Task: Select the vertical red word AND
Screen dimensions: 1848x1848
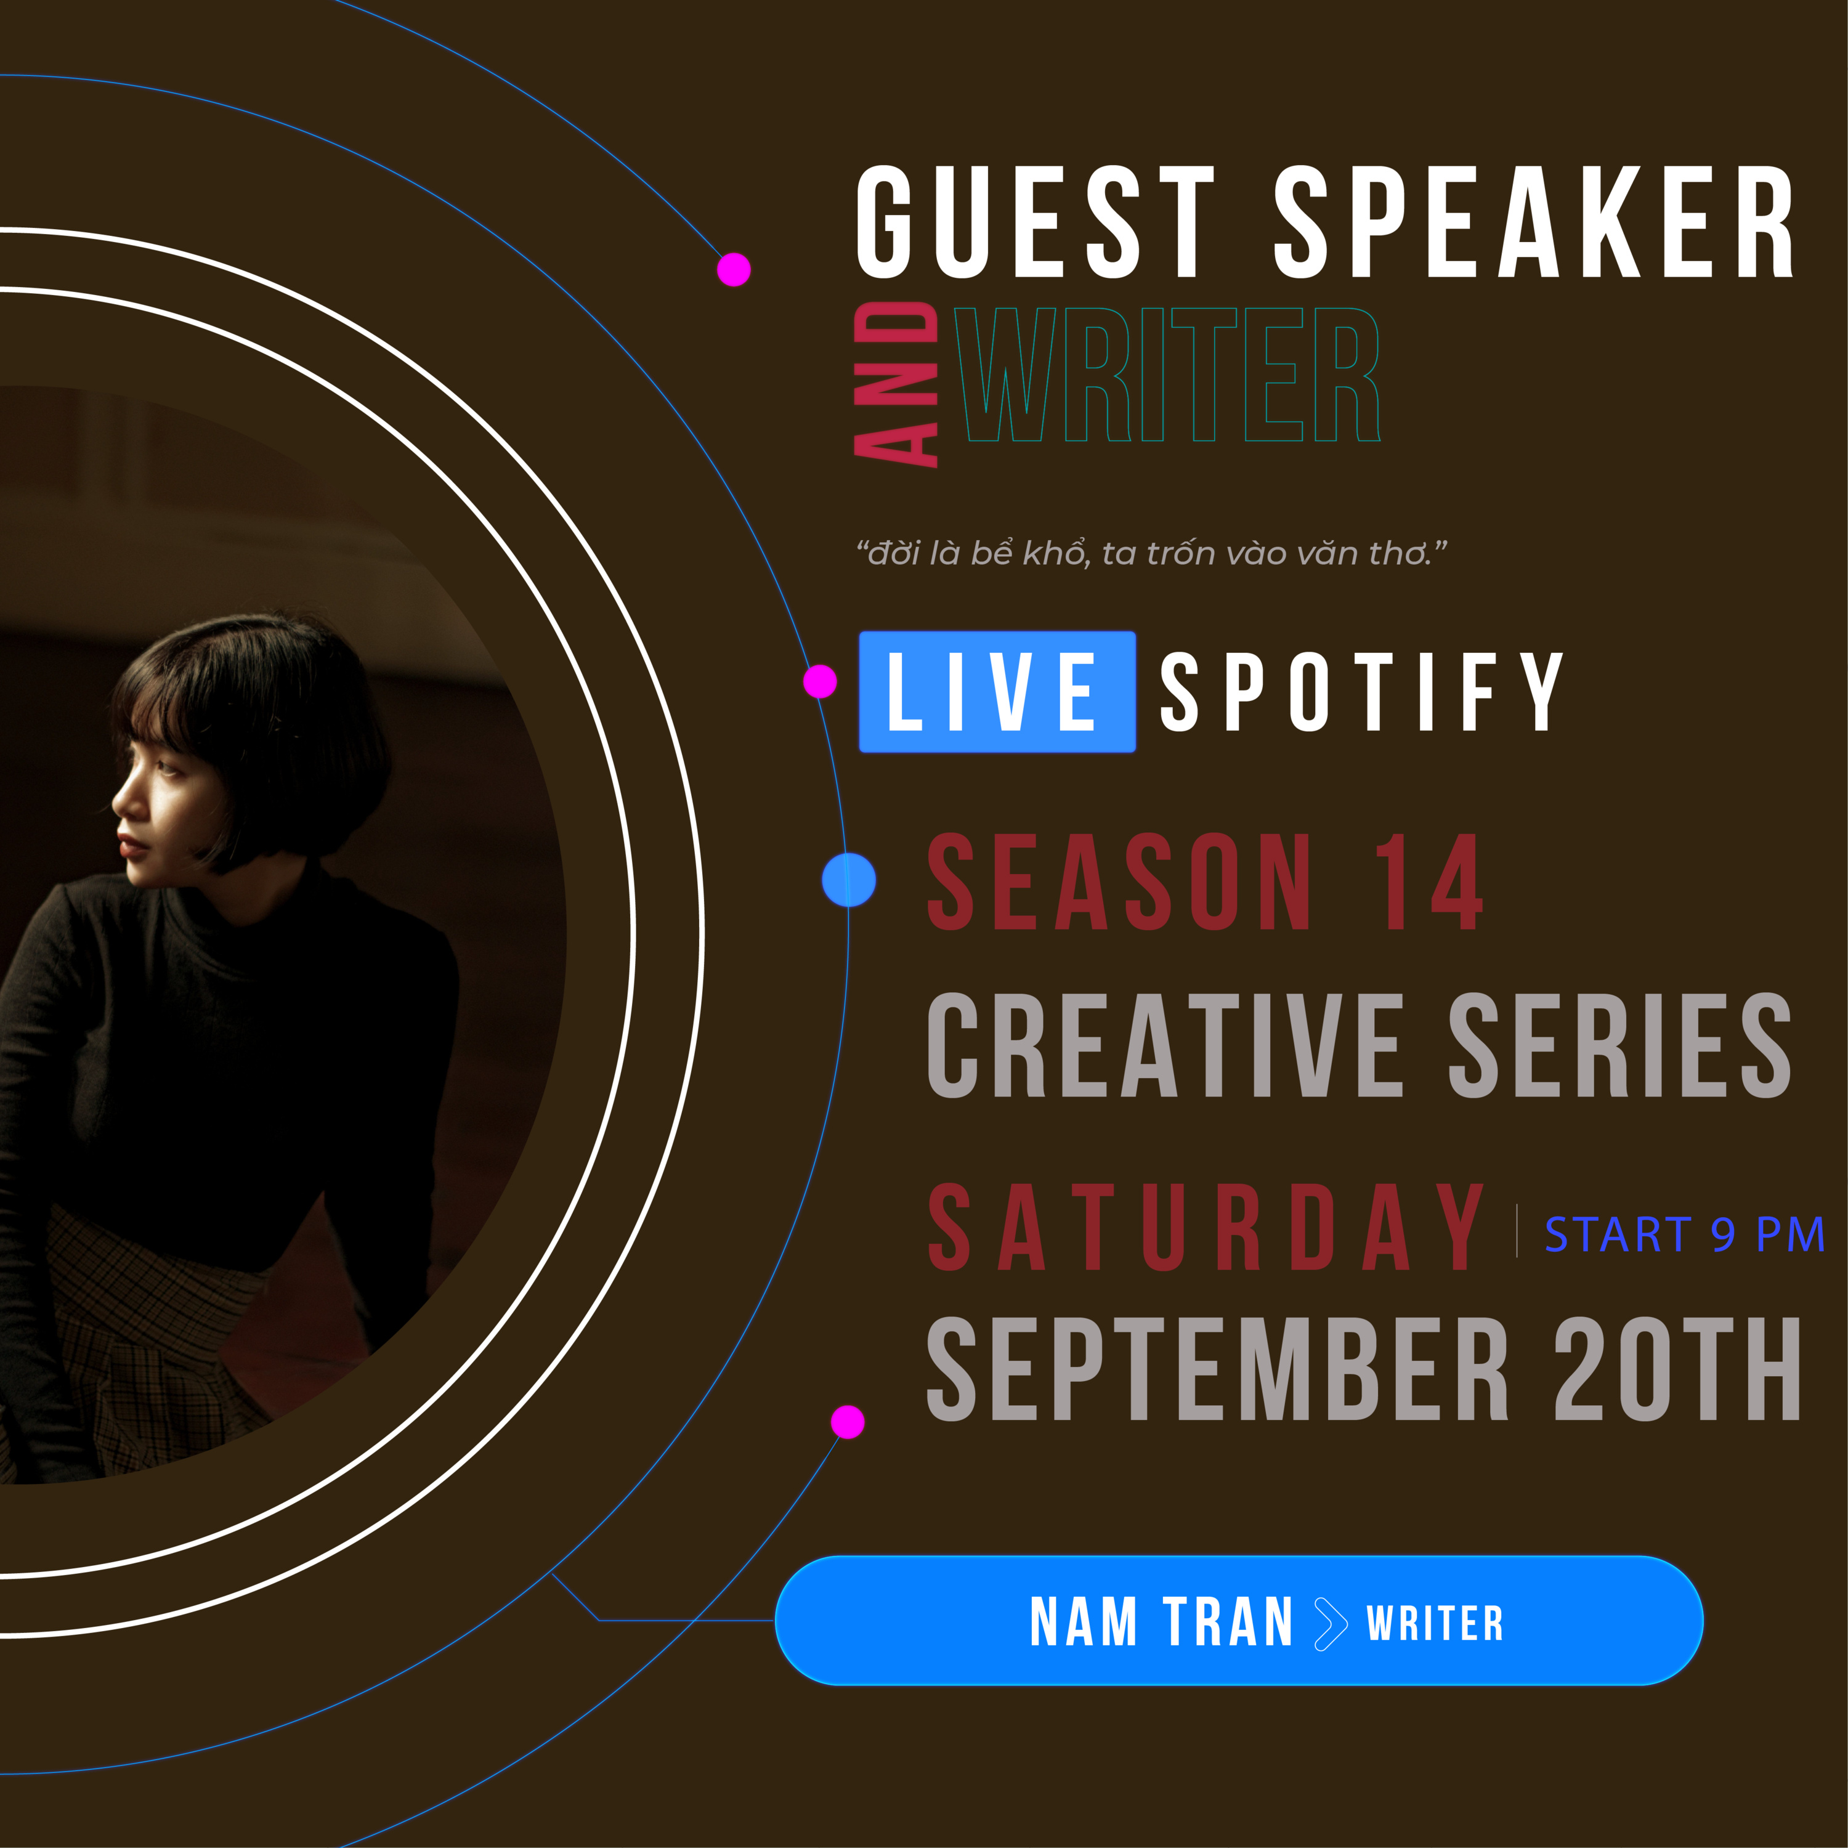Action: click(895, 384)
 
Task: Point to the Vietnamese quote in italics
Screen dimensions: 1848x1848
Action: click(1152, 553)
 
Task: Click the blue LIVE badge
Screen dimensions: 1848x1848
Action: click(997, 692)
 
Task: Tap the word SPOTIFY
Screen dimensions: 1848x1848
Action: click(1362, 692)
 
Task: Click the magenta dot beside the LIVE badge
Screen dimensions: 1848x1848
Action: click(820, 682)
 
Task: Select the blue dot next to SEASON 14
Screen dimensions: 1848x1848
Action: click(848, 879)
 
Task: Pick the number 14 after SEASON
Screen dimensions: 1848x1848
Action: click(1429, 881)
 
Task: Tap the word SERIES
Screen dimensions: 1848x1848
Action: click(1619, 1045)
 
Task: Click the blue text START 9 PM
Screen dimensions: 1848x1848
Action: click(1684, 1234)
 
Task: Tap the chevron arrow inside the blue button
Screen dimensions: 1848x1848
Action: click(1331, 1623)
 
